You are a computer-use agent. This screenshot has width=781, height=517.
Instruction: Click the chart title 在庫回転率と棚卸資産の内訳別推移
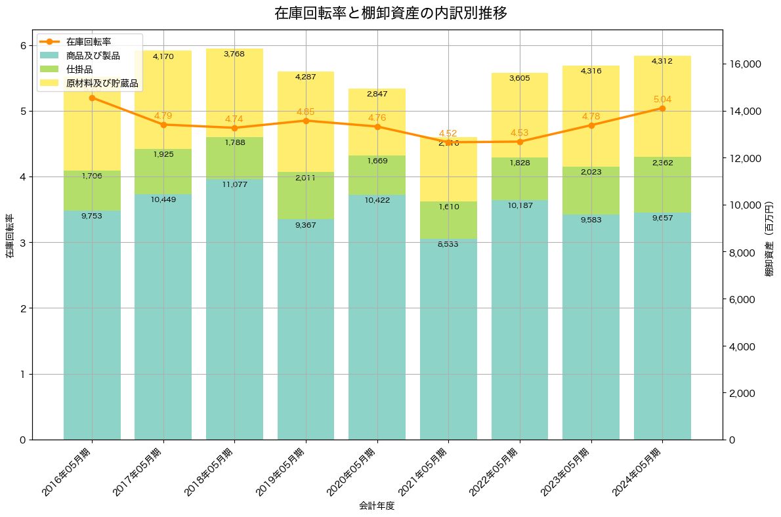pos(390,14)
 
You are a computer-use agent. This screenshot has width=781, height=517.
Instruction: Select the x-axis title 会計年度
pos(377,506)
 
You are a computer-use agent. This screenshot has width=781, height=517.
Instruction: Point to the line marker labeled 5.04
pos(662,108)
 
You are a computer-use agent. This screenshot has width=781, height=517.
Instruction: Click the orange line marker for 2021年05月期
pos(448,142)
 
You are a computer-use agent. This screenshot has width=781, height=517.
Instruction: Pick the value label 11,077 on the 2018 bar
pos(234,184)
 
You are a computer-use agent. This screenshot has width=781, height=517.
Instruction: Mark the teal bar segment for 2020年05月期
pos(377,315)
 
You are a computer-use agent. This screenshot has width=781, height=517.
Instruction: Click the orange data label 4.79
pos(163,115)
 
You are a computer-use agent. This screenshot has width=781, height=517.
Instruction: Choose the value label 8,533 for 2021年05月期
pos(448,244)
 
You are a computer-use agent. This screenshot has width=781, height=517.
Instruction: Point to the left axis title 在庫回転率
pos(9,236)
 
